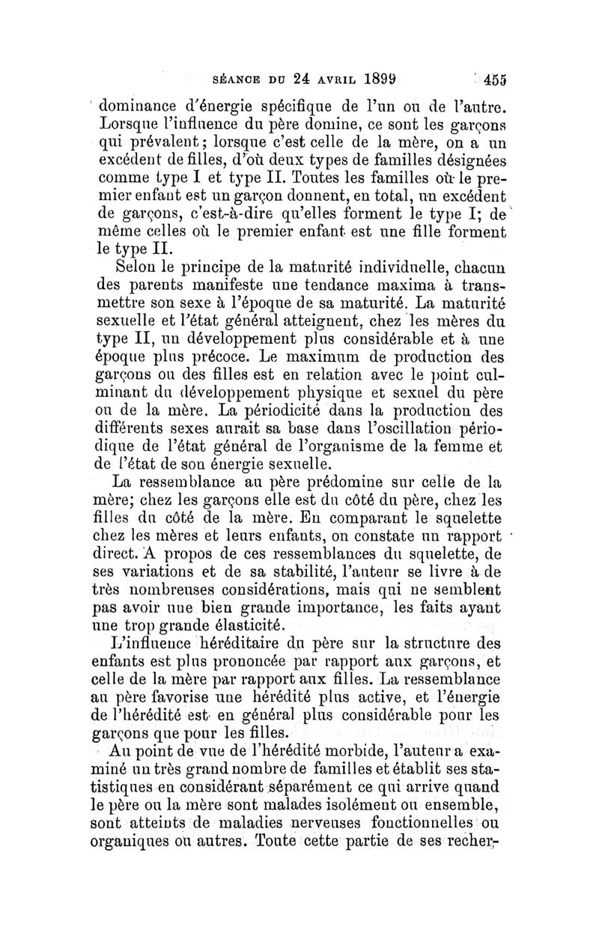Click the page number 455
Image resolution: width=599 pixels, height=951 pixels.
pyautogui.click(x=495, y=79)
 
